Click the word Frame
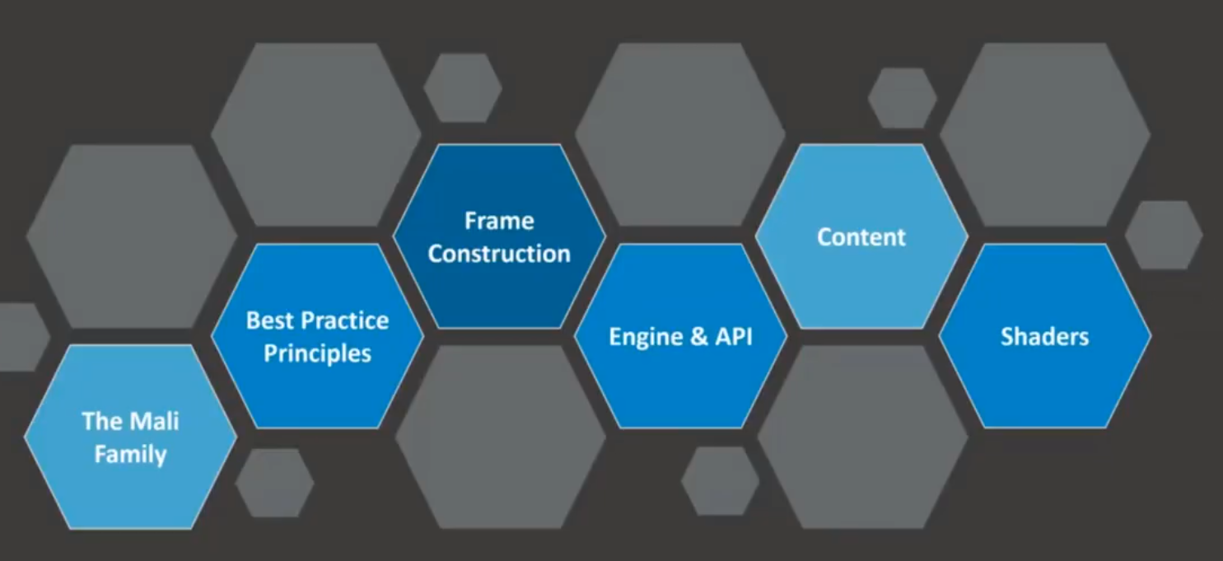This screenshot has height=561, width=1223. [x=499, y=221]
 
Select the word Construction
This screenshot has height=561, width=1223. [x=499, y=254]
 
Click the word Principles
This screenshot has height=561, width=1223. [x=317, y=353]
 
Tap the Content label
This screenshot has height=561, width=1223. [x=861, y=237]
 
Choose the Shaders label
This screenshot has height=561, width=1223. [x=1044, y=337]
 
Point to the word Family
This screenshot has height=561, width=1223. [x=130, y=454]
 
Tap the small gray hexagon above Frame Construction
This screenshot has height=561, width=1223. [x=463, y=88]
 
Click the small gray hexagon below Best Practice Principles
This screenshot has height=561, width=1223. [x=274, y=483]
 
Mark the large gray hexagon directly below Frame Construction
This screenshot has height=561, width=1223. [x=500, y=437]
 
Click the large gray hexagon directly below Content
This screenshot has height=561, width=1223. [x=862, y=437]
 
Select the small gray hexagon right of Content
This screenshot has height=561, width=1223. [x=1163, y=235]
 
